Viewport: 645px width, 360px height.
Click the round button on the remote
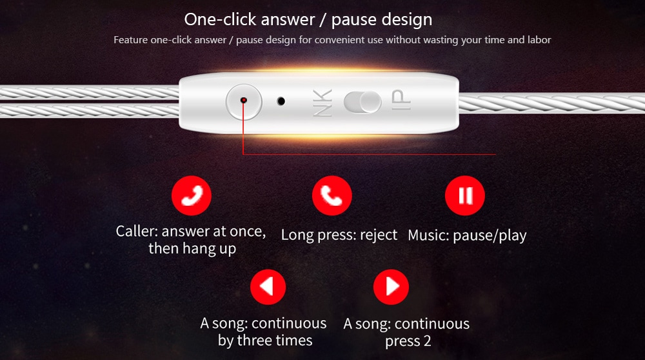pyautogui.click(x=244, y=102)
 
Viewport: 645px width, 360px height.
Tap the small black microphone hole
pyautogui.click(x=281, y=101)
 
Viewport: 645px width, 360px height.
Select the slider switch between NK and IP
pyautogui.click(x=362, y=102)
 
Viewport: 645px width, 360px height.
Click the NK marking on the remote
pyautogui.click(x=322, y=103)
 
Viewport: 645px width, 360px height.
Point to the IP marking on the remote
pyautogui.click(x=401, y=100)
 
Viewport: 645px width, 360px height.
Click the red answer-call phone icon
pyautogui.click(x=192, y=195)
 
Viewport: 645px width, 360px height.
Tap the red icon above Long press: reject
pyautogui.click(x=332, y=195)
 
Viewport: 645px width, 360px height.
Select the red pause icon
pyautogui.click(x=465, y=195)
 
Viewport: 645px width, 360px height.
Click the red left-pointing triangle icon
pyautogui.click(x=268, y=286)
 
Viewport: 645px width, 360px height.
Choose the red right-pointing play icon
pyautogui.click(x=391, y=286)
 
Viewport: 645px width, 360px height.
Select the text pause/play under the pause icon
pyautogui.click(x=490, y=235)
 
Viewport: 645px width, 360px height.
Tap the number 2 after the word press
pyautogui.click(x=427, y=341)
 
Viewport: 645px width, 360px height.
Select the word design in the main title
pyautogui.click(x=407, y=20)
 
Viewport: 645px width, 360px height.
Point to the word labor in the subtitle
pyautogui.click(x=539, y=40)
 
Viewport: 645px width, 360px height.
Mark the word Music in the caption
pyautogui.click(x=428, y=235)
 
